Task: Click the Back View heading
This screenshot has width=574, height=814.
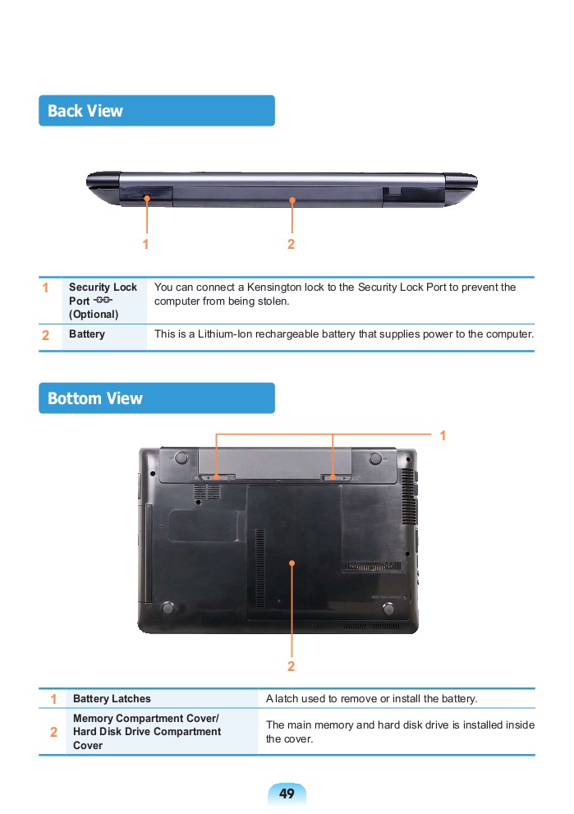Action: [85, 111]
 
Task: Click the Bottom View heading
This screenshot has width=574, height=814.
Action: [95, 398]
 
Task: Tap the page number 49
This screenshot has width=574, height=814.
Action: [287, 793]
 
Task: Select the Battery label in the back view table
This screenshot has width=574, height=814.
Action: [87, 333]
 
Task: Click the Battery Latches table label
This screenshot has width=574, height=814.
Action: [112, 698]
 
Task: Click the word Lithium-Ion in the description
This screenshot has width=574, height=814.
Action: [225, 333]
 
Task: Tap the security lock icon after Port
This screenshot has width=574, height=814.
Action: [103, 300]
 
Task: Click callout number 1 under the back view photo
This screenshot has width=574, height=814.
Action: [146, 244]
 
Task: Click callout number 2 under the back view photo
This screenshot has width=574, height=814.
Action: [292, 244]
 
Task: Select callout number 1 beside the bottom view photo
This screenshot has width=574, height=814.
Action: [443, 435]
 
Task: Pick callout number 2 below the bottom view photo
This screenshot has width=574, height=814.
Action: [292, 666]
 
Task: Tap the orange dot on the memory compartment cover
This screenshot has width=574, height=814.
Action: [292, 563]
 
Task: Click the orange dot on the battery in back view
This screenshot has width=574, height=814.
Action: [292, 200]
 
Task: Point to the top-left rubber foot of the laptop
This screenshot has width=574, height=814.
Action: [181, 458]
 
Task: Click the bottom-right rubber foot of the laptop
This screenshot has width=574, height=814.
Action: [388, 609]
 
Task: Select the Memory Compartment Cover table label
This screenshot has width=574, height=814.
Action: [146, 718]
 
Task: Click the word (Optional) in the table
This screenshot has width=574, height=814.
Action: [94, 314]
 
